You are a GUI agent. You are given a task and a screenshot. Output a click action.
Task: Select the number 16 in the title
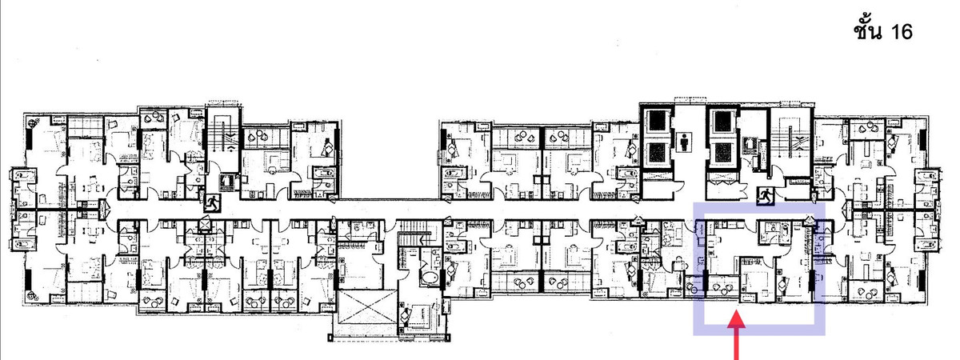point(900,32)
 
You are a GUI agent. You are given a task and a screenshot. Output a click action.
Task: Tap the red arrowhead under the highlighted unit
point(737,320)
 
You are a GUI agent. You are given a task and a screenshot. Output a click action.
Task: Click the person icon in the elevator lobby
point(685,142)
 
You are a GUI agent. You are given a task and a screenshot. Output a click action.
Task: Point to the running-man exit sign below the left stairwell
point(212,202)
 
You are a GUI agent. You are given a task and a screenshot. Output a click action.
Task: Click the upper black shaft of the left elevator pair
point(657,121)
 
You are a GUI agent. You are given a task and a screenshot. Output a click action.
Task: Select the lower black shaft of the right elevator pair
point(722,153)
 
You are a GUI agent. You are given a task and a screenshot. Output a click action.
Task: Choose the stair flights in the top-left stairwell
point(222,138)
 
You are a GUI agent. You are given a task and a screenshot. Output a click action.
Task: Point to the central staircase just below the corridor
point(414,239)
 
